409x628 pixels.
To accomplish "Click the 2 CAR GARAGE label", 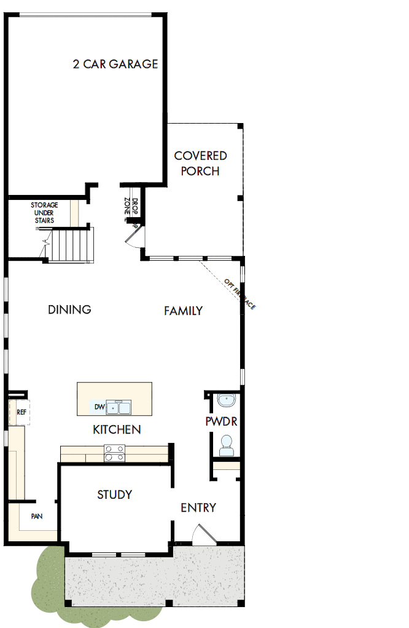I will click(115, 64).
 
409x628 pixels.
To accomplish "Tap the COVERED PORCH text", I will click(200, 164).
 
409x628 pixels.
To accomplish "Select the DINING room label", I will click(69, 309).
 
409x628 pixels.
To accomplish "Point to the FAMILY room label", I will click(183, 311).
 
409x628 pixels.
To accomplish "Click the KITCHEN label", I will click(117, 429).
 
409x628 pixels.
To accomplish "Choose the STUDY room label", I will click(115, 494).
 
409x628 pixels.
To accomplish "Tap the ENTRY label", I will click(198, 507).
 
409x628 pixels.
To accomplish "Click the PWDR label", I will click(221, 422).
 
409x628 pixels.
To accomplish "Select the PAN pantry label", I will click(36, 517).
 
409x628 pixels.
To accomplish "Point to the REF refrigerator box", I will click(21, 411).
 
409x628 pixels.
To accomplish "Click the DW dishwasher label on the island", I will click(99, 407).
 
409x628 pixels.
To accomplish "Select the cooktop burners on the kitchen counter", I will click(115, 453).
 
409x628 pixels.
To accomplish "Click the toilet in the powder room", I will click(227, 445).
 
